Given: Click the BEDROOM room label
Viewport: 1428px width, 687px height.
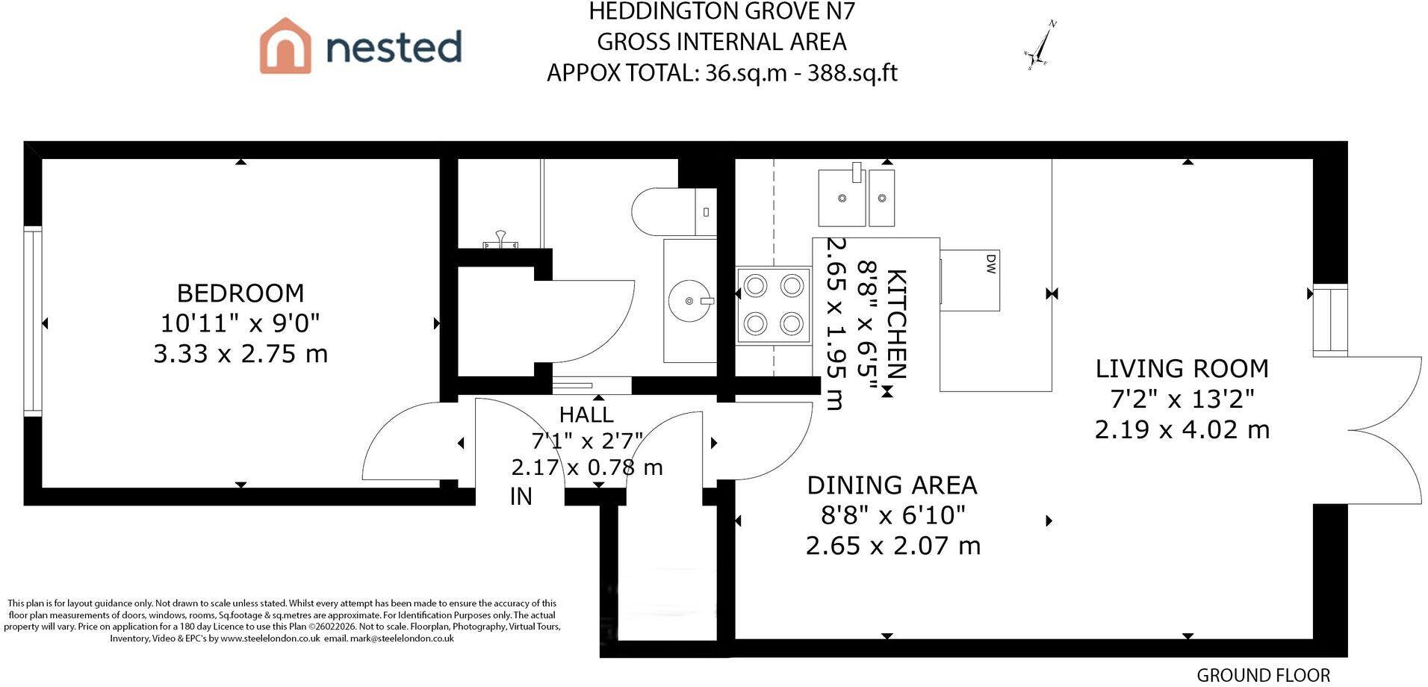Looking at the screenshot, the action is click(240, 293).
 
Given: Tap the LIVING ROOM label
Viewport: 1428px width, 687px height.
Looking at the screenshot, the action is click(1182, 369).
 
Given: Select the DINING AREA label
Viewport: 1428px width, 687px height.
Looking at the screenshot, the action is click(892, 485).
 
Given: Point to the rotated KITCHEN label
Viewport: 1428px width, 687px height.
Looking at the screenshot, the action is click(896, 324).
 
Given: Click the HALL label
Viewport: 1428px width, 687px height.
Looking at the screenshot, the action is click(586, 414).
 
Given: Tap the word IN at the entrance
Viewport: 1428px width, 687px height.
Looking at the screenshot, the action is click(521, 497).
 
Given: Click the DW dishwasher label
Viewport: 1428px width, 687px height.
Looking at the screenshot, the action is click(991, 264).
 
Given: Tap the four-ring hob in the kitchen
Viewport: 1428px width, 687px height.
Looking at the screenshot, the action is click(774, 305).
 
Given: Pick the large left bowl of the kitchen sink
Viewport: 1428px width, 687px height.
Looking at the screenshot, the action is click(842, 198).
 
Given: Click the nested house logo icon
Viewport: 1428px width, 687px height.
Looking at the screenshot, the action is click(285, 46).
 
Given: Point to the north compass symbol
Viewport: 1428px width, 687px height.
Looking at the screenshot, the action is click(1040, 46).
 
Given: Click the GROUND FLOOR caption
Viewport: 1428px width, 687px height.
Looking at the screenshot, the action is click(1263, 675).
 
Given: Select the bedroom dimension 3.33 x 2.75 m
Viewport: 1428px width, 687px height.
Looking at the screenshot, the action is click(240, 353).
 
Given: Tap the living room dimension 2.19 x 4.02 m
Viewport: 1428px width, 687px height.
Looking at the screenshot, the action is click(1182, 429).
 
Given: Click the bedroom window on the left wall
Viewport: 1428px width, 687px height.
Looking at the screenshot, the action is click(33, 321).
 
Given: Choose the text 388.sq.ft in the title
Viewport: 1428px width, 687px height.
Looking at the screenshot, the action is click(852, 72).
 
